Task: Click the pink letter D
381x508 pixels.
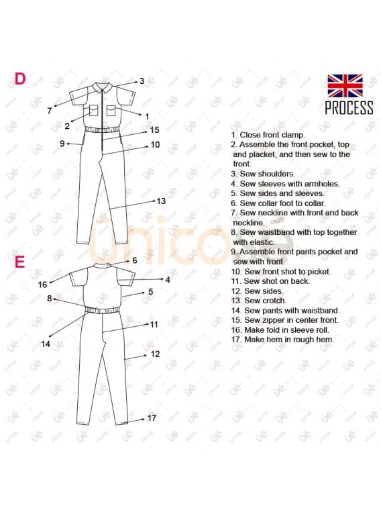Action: point(20,79)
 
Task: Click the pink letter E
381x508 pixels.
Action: point(19,262)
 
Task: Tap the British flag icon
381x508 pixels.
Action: point(345,86)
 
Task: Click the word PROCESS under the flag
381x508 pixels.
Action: point(349,107)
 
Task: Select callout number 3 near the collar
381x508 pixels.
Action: point(142,81)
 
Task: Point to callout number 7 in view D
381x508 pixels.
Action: point(50,111)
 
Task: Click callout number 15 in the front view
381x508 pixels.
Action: point(155,130)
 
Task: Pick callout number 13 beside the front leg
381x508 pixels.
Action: point(161,201)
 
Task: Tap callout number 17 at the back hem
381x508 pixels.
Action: point(152,418)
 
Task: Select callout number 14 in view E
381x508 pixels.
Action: point(46,344)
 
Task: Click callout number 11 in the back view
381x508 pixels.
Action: point(154,324)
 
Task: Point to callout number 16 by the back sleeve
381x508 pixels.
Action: point(43,285)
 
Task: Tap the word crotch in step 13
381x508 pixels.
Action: point(274,301)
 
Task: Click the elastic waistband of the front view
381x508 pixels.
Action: point(103,129)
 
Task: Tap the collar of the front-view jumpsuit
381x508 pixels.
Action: point(103,87)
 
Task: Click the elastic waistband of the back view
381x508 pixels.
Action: point(103,311)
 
